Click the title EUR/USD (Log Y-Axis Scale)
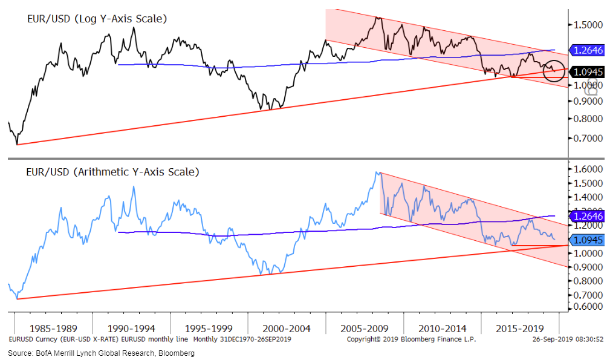click(97, 19)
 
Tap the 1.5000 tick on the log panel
click(586, 25)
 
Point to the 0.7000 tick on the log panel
click(586, 138)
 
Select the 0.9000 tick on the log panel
click(586, 101)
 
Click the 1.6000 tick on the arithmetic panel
click(586, 169)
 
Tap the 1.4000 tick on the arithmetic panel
click(586, 197)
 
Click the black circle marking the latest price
click(553, 70)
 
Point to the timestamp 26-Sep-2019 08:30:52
click(564, 340)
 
